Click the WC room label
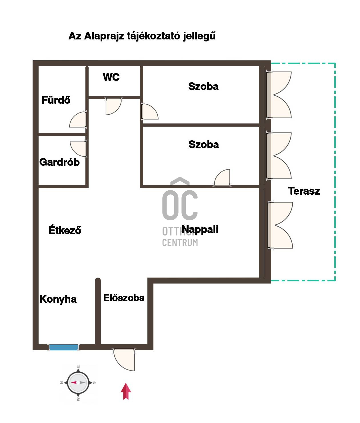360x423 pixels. pos(111,77)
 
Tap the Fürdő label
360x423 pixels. pos(56,100)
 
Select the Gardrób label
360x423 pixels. pos(59,162)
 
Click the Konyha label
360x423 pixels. pos(58,299)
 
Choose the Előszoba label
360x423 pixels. pos(124,298)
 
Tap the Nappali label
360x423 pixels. pos(200,230)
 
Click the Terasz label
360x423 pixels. pos(304,191)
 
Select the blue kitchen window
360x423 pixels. pos(64,347)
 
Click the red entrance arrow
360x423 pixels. pos(126,391)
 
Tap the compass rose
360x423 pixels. pos(78,382)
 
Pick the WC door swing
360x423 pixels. pos(113,106)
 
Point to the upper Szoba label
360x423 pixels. pos(203,86)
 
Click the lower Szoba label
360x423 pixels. pos(203,145)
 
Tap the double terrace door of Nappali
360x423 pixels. pos(280,225)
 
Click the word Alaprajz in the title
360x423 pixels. pos(104,36)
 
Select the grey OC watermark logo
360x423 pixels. pos(180,199)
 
